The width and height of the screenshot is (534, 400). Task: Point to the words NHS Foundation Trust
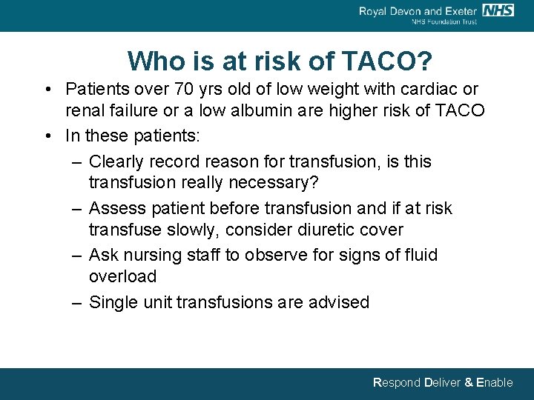point(444,22)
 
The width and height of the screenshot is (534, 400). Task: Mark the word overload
point(122,276)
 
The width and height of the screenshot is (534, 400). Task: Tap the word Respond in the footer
point(396,383)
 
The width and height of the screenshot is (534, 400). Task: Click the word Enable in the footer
point(494,383)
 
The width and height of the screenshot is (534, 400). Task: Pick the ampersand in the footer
point(468,383)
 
